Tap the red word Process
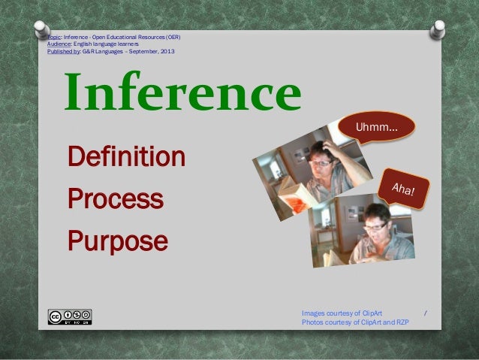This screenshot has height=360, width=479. coord(115,199)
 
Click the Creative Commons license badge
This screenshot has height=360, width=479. coord(70,316)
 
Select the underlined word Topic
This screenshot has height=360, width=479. coord(53,37)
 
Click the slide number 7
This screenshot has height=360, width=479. coord(426,312)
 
